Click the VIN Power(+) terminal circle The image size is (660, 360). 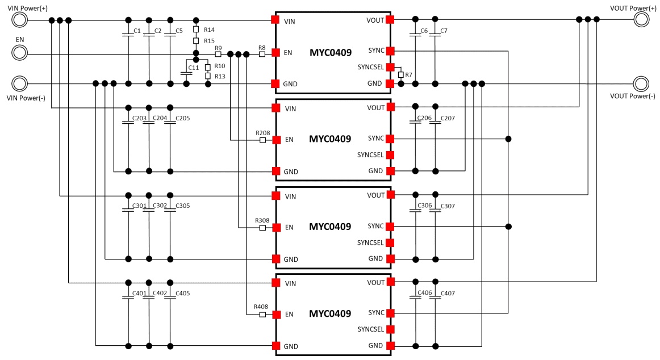(x=19, y=20)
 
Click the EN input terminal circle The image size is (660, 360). (x=19, y=53)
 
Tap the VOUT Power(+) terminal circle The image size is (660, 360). (x=642, y=20)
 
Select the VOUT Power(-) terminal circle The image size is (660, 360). (x=642, y=84)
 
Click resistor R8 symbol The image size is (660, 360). (x=262, y=55)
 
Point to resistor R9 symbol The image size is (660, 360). (x=218, y=55)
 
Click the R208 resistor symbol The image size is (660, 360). (x=262, y=140)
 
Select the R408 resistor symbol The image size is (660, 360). (x=262, y=315)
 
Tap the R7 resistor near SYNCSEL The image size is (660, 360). (x=401, y=75)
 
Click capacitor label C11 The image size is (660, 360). (x=193, y=68)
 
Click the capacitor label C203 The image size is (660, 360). (x=139, y=118)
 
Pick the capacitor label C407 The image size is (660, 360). (x=448, y=293)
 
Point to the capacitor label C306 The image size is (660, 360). (x=424, y=206)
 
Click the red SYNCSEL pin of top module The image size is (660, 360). (x=390, y=67)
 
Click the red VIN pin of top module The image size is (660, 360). (x=275, y=20)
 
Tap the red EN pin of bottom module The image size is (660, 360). (x=275, y=314)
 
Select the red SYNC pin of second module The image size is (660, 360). (x=390, y=138)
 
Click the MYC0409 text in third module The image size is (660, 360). (x=330, y=227)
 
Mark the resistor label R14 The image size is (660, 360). (x=209, y=30)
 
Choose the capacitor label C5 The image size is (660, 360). (x=179, y=31)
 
